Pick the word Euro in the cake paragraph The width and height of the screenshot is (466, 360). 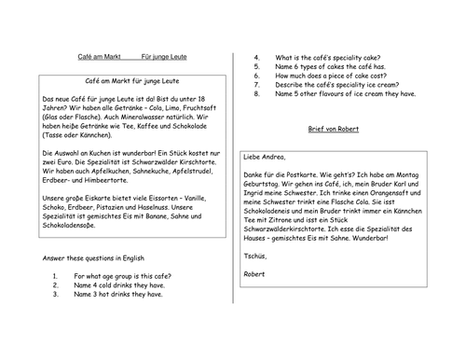(62, 173)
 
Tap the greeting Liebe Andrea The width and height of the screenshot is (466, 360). (264, 157)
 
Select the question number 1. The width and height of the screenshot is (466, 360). (56, 301)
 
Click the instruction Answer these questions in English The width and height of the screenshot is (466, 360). (90, 284)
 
